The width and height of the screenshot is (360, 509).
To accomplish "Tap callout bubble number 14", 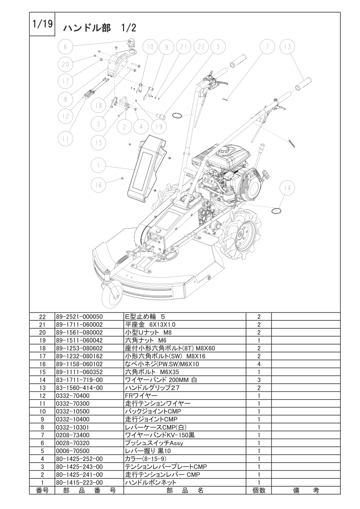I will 287,187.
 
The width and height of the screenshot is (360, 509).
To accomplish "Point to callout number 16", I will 98,184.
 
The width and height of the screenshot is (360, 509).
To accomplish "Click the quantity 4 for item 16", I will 258,364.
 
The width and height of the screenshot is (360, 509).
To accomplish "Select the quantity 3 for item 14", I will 258,380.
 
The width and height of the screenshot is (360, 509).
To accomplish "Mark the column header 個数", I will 258,490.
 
